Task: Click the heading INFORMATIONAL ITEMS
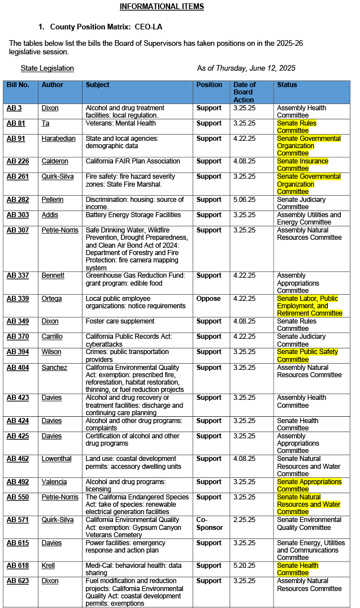[162, 7]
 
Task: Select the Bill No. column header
[18, 85]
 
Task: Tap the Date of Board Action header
[244, 92]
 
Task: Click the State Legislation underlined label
[47, 68]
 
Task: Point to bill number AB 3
[14, 108]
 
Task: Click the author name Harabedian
[59, 139]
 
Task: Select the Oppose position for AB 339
[209, 299]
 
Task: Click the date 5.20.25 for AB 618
[244, 566]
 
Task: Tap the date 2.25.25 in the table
[244, 520]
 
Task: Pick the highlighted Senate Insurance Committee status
[302, 165]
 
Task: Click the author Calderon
[55, 161]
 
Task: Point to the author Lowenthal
[57, 459]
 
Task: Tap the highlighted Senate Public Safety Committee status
[307, 355]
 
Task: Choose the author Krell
[48, 566]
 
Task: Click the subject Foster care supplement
[120, 321]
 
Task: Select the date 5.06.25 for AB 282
[244, 200]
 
